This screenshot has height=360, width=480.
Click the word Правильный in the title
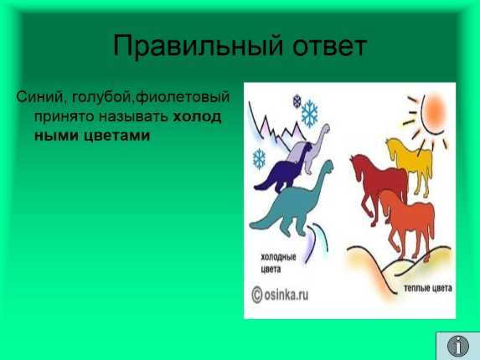[198, 46]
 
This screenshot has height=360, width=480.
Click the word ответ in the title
[329, 47]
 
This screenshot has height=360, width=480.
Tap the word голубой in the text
[103, 98]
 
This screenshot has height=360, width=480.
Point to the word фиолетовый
[182, 97]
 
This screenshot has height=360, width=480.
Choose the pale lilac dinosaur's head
[326, 128]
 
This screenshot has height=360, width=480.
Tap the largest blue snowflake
[310, 114]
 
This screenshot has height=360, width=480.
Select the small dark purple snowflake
[297, 101]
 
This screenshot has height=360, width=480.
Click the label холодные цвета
[278, 263]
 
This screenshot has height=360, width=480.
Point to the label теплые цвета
[428, 288]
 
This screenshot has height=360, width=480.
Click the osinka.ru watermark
[280, 295]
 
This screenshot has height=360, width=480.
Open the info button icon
[458, 346]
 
